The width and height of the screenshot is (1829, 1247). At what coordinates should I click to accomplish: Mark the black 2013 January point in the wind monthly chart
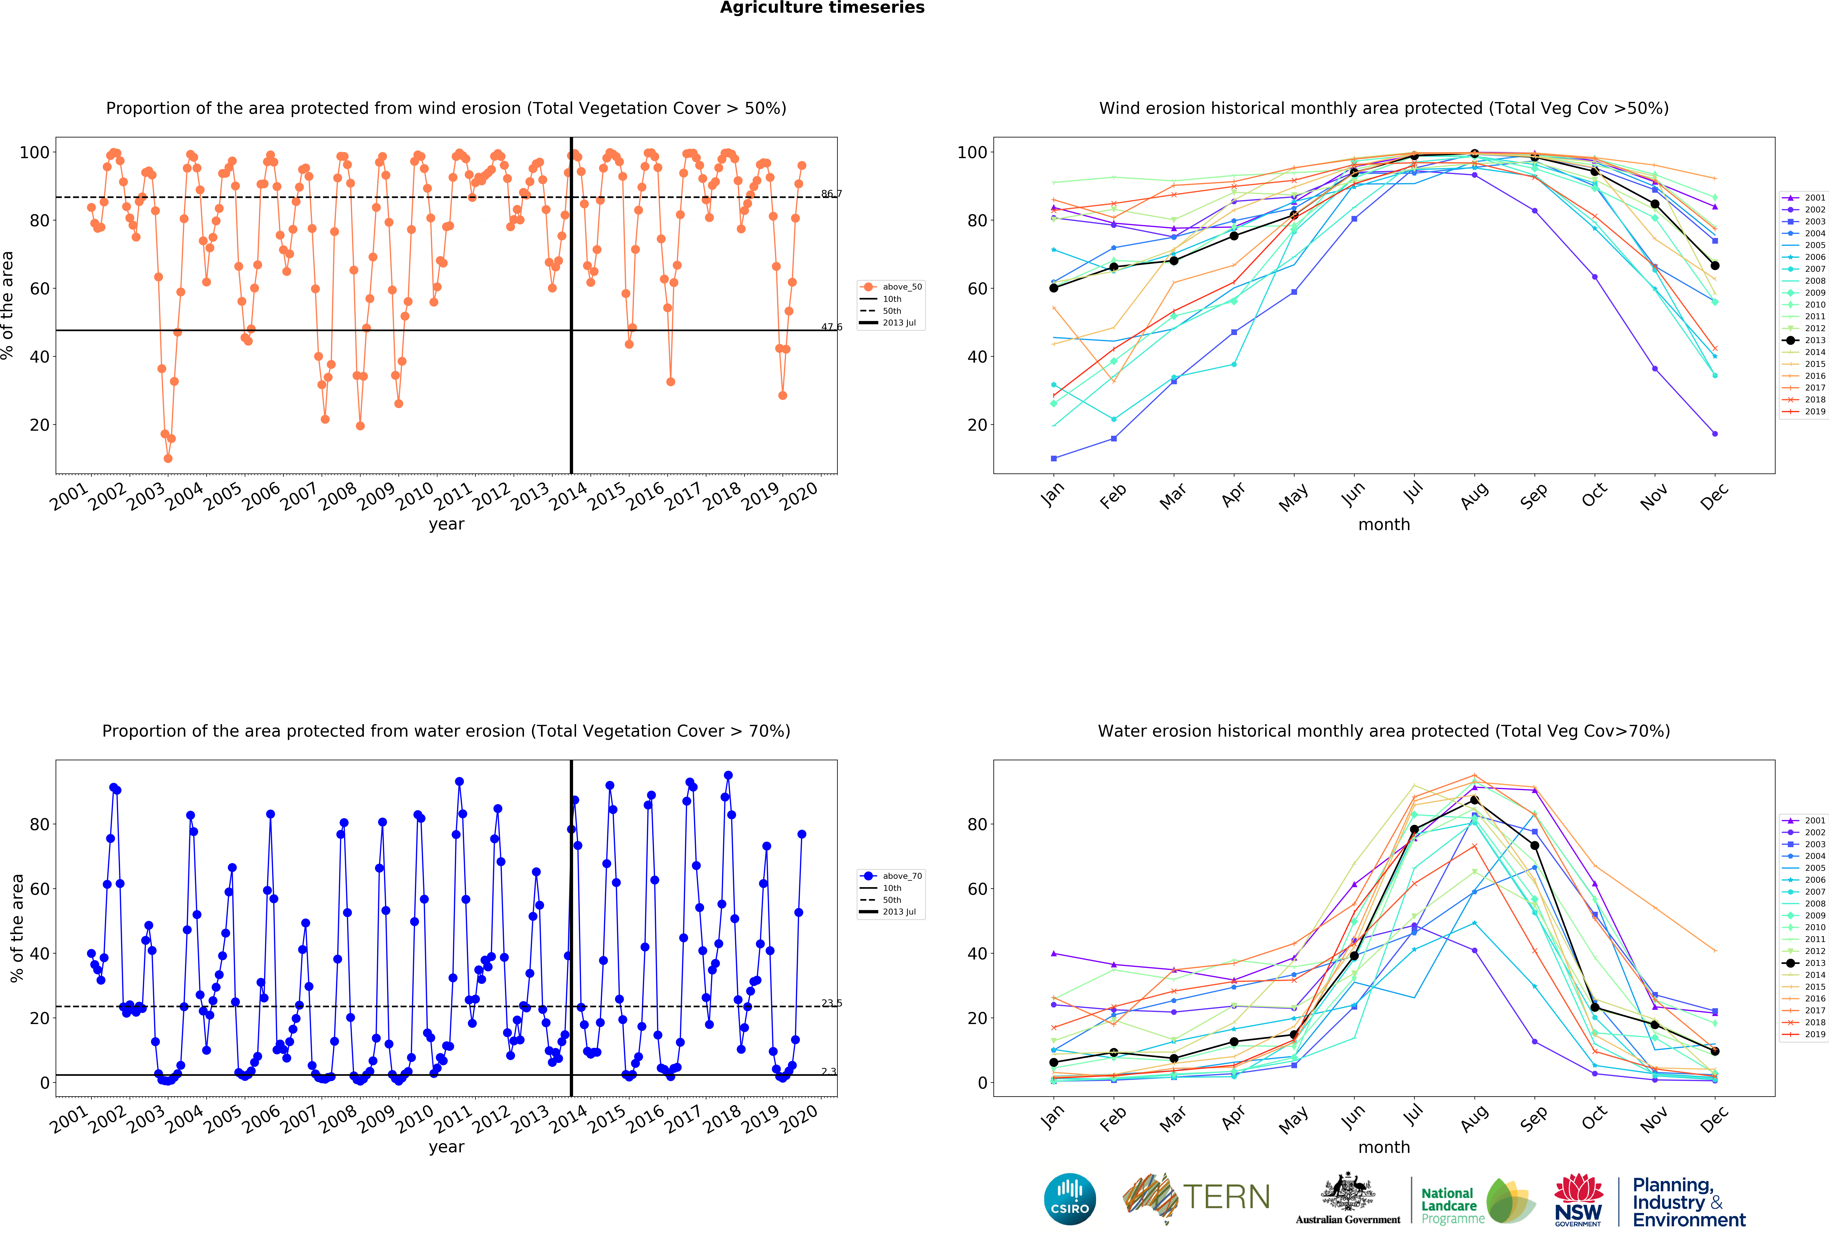[1054, 288]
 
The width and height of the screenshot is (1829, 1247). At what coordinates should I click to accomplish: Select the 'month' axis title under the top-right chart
[1384, 524]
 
